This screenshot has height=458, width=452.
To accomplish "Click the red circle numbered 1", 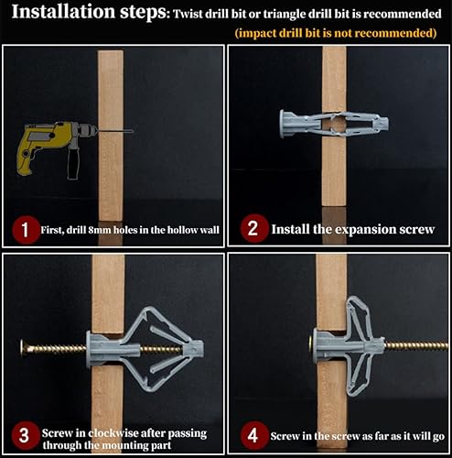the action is tap(26, 230).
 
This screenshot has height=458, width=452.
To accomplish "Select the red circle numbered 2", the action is tap(253, 229).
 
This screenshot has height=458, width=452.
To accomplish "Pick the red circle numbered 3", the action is tap(26, 435).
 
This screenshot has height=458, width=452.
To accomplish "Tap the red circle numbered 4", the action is tap(253, 436).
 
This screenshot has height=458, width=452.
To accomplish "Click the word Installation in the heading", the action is tap(63, 12).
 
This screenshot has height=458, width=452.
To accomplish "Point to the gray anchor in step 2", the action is tap(334, 125).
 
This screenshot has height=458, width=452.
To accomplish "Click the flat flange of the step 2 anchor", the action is tap(283, 124).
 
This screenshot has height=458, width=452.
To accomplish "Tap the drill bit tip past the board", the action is tap(133, 131).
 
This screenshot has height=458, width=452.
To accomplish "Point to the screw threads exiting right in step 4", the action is tap(416, 346).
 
